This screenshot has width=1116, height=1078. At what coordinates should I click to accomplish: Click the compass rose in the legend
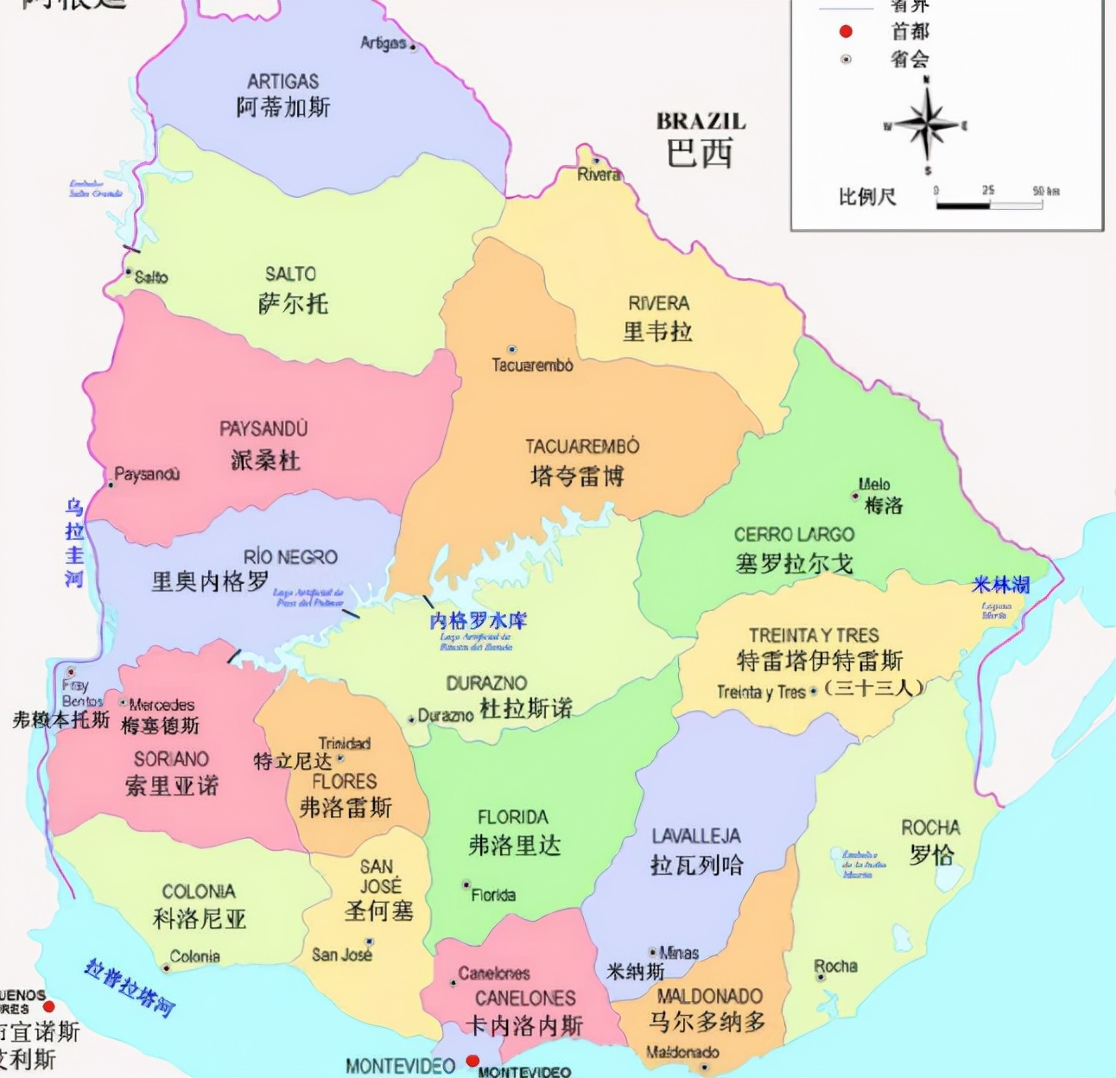(927, 126)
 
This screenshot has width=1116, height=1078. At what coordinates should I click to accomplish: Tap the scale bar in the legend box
(989, 205)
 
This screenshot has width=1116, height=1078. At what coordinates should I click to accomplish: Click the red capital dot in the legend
(846, 32)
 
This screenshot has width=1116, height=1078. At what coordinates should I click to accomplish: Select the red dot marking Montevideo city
(472, 1061)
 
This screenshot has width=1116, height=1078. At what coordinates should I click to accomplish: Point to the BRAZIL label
(701, 122)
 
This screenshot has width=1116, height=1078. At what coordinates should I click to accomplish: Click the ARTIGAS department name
(282, 82)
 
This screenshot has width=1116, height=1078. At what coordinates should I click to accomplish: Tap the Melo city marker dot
(855, 496)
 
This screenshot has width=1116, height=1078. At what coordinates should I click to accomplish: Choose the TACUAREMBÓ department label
(582, 447)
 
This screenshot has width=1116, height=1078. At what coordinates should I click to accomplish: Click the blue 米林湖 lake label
(1000, 586)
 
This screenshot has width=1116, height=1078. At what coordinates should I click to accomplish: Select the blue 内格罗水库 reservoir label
(478, 621)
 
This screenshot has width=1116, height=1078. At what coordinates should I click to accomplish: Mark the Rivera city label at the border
(599, 174)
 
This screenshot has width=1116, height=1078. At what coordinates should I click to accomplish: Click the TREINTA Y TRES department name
(814, 636)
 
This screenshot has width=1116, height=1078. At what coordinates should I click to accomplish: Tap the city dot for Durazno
(411, 719)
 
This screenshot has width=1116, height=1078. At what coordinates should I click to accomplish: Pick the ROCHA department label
(930, 828)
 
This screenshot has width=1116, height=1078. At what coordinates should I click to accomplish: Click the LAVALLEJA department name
(696, 836)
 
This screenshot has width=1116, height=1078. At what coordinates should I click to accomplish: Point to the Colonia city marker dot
(166, 968)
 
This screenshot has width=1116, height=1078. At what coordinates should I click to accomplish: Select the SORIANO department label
(171, 759)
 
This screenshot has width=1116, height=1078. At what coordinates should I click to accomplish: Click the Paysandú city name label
(148, 474)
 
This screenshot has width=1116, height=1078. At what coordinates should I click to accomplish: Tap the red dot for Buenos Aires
(49, 1006)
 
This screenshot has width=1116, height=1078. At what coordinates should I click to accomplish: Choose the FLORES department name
(345, 782)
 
